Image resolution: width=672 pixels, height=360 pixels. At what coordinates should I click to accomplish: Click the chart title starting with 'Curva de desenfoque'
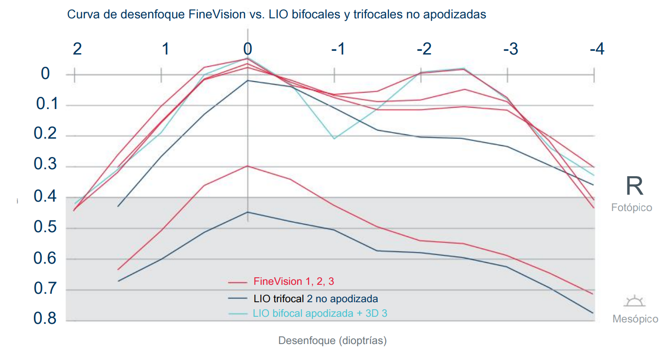click(x=277, y=15)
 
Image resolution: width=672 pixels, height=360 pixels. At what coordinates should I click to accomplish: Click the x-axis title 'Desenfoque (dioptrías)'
click(x=332, y=340)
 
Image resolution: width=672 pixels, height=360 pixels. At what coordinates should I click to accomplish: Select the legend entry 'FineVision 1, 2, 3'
click(x=293, y=282)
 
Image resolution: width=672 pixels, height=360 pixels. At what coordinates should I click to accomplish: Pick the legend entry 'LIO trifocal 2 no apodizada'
click(x=316, y=298)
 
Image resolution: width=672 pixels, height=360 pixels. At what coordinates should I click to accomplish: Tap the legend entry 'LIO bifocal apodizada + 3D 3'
click(x=320, y=313)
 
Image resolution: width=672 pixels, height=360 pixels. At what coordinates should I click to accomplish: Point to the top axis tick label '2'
click(x=77, y=49)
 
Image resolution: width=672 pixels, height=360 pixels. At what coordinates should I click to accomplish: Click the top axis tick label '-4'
click(x=596, y=49)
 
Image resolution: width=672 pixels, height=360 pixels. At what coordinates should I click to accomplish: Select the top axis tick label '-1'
click(x=338, y=49)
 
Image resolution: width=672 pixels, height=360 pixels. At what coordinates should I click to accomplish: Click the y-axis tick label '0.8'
click(x=45, y=319)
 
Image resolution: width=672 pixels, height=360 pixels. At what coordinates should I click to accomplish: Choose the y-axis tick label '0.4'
click(x=45, y=196)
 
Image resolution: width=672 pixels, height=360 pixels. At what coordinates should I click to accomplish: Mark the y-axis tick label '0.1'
click(x=47, y=104)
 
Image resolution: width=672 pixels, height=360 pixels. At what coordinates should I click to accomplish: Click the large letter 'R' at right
click(x=634, y=186)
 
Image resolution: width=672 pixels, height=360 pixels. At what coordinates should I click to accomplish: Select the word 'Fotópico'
click(x=632, y=207)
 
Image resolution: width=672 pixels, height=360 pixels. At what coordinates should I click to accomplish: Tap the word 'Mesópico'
click(x=635, y=319)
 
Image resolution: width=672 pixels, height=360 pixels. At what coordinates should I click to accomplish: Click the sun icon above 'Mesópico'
click(x=633, y=301)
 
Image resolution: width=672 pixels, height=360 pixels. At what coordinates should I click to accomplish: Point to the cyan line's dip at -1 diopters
click(x=334, y=139)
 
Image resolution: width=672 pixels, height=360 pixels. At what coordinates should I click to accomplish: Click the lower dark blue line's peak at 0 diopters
click(x=248, y=212)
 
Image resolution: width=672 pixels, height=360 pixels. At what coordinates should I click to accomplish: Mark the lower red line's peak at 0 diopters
click(x=248, y=166)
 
